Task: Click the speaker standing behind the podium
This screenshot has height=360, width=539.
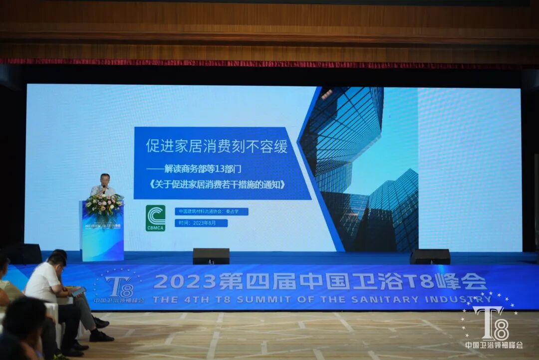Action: coord(104,185)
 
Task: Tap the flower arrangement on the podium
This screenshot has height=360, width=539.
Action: coord(104,204)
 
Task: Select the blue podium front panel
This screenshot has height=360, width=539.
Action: coord(103,237)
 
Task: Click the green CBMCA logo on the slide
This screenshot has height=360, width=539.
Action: coord(155,218)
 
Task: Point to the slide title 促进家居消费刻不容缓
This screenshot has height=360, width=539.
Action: coord(217,146)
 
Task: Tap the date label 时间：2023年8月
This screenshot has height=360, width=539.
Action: coord(201,223)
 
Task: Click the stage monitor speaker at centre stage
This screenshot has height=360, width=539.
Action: coord(211,256)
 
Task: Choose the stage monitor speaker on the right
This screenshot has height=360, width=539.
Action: coord(430,256)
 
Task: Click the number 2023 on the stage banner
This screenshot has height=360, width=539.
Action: coord(184,281)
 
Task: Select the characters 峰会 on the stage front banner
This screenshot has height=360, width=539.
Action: coord(467,281)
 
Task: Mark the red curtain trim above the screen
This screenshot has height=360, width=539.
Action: coord(269,63)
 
